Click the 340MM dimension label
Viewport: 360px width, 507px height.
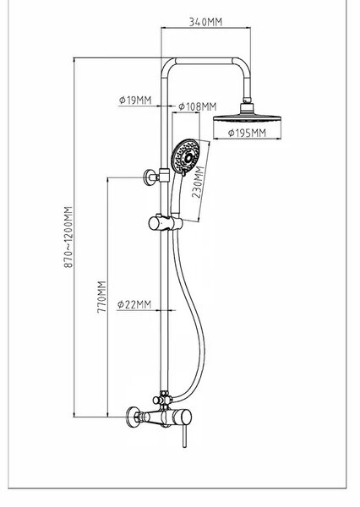(x=205, y=22)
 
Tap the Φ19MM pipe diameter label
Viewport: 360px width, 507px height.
(x=135, y=101)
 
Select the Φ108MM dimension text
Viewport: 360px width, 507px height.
(x=198, y=106)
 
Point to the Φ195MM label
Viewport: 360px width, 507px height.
(x=247, y=133)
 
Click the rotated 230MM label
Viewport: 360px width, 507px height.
(x=198, y=182)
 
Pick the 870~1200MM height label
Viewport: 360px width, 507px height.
(x=68, y=237)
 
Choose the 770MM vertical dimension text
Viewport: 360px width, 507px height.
(x=101, y=297)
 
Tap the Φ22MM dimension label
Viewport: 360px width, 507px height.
(x=134, y=304)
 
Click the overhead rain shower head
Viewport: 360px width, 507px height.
(x=247, y=116)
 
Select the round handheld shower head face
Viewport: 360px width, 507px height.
(x=185, y=157)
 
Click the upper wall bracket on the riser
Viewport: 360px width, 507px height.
(x=155, y=177)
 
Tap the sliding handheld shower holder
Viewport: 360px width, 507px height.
(x=165, y=222)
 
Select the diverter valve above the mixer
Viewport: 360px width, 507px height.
(x=164, y=399)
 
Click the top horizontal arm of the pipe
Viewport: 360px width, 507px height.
(x=205, y=61)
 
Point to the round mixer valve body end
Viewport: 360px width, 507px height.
(x=185, y=417)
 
